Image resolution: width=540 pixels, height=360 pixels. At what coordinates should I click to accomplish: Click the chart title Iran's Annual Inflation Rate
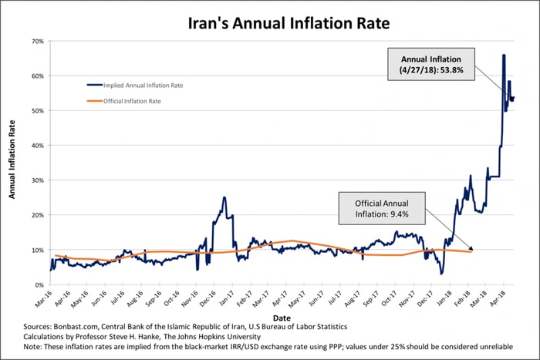[x=269, y=23]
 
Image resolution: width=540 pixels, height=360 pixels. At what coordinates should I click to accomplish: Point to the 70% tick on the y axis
[x=37, y=41]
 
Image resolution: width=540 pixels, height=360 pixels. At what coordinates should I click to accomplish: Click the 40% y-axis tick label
[x=37, y=146]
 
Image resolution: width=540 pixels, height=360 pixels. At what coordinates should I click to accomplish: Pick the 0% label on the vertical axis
[x=39, y=285]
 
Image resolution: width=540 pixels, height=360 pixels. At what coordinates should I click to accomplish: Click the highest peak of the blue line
[x=504, y=56]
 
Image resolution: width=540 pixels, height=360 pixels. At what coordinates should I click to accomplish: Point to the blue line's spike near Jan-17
[x=224, y=197]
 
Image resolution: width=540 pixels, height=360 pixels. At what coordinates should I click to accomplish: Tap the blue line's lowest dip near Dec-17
[x=441, y=274]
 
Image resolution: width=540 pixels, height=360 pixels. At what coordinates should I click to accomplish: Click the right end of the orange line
[x=471, y=252]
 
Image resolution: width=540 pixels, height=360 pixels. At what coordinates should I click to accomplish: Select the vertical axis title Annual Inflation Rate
[x=12, y=163]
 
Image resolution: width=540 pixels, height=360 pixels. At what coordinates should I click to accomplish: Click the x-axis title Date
[x=282, y=318]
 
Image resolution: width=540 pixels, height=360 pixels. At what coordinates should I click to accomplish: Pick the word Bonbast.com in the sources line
[x=79, y=327]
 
